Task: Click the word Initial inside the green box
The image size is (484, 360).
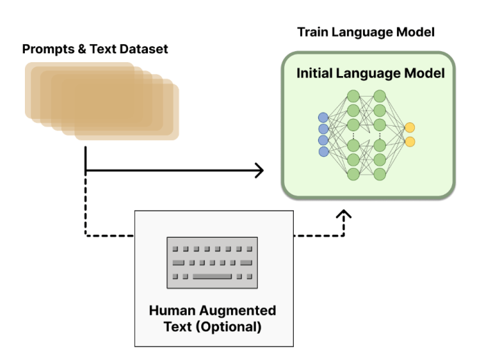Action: click(x=319, y=73)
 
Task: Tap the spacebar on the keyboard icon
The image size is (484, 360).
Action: click(x=212, y=276)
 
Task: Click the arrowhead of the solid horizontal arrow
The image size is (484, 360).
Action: click(x=259, y=170)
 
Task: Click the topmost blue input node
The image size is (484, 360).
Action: click(x=323, y=116)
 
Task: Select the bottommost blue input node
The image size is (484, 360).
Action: click(x=323, y=153)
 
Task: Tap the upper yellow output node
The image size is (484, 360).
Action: click(x=410, y=128)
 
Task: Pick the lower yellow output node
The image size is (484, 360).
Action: click(x=410, y=142)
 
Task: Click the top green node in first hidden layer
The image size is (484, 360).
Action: click(x=353, y=95)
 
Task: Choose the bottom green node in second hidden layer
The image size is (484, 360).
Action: click(x=380, y=174)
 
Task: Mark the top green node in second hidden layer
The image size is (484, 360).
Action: click(x=380, y=95)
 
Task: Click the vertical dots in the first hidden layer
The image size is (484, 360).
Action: click(x=353, y=135)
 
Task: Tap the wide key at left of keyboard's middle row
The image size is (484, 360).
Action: click(x=178, y=263)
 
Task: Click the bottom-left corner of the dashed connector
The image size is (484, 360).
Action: click(x=85, y=236)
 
